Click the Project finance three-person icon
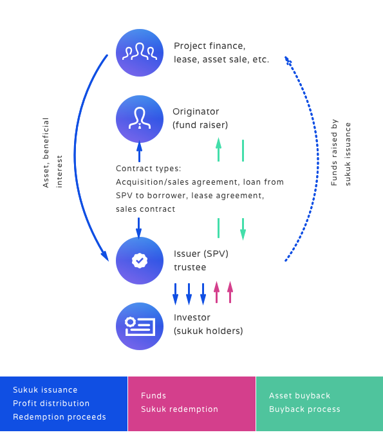[x=140, y=52]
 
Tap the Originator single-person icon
[x=140, y=119]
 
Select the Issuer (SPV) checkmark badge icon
[x=140, y=261]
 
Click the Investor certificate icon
[x=140, y=326]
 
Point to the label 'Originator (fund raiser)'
[x=200, y=118]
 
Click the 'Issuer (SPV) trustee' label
[x=201, y=260]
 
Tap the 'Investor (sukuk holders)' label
[x=208, y=324]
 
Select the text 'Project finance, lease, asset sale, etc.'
[x=221, y=52]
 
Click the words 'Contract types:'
[x=148, y=169]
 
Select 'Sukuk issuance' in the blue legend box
[x=45, y=390]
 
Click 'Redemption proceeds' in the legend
[x=59, y=417]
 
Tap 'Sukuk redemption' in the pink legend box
[x=179, y=409]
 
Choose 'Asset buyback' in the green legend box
[x=299, y=396]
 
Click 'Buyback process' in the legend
[x=304, y=409]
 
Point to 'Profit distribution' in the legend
[x=51, y=404]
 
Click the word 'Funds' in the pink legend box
[x=153, y=396]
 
